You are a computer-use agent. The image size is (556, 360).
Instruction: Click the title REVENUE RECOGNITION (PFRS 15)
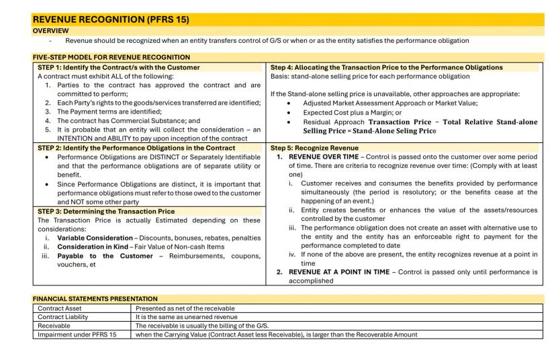coord(91,20)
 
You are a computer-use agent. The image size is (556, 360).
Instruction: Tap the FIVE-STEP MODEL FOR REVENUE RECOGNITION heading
coord(112,57)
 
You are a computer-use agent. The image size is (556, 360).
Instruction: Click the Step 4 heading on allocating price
coord(387,67)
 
